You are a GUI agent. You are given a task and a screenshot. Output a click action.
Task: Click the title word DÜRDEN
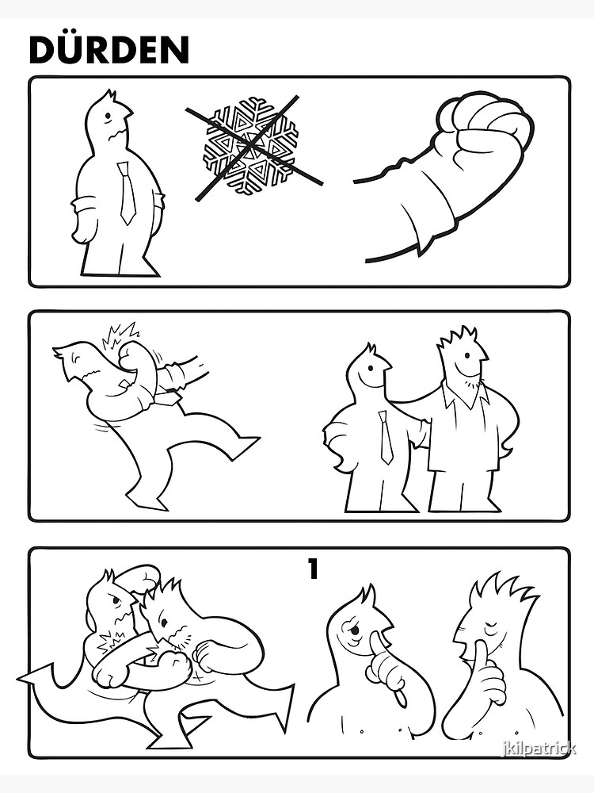pyautogui.click(x=109, y=49)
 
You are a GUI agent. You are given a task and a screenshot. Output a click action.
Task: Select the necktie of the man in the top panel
pyautogui.click(x=127, y=193)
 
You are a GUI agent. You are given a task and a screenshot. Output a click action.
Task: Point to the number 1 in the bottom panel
pyautogui.click(x=313, y=569)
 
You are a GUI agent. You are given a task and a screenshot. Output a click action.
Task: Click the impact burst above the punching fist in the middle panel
pyautogui.click(x=120, y=335)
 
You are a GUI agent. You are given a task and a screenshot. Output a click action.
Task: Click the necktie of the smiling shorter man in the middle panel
pyautogui.click(x=386, y=437)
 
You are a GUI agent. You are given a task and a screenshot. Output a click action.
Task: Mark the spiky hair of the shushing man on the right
pyautogui.click(x=500, y=591)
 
